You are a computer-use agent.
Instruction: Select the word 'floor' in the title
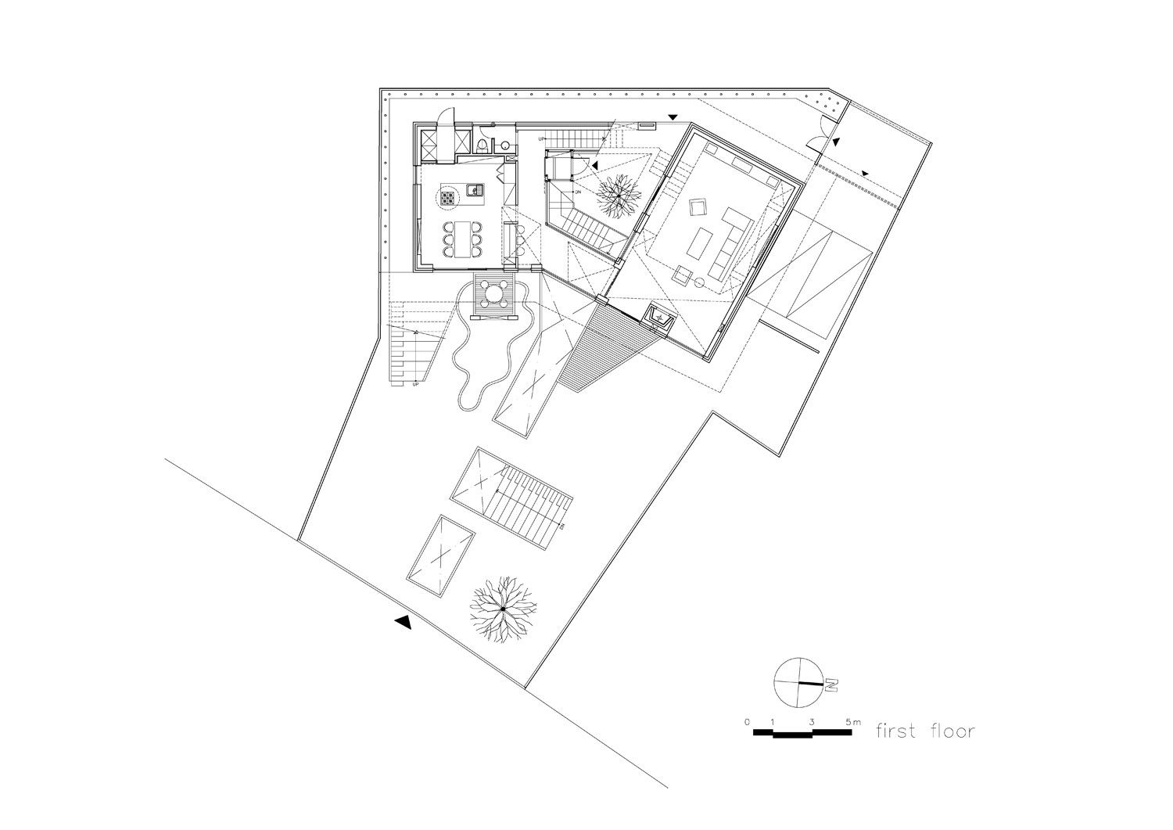click(952, 731)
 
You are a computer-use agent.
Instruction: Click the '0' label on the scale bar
click(748, 720)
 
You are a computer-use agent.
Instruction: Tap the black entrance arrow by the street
click(403, 622)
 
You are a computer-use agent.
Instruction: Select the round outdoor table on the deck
click(494, 295)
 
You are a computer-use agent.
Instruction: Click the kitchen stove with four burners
click(449, 199)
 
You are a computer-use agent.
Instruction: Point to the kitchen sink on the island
click(474, 190)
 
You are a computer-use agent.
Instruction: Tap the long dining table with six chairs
click(463, 239)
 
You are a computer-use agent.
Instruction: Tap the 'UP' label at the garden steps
click(415, 384)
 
